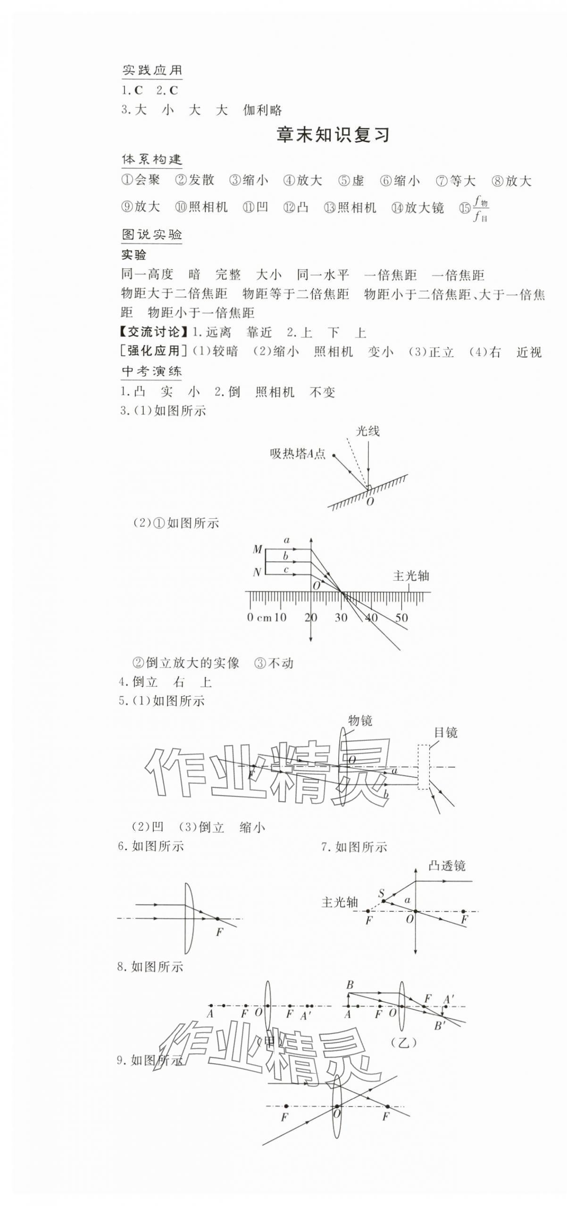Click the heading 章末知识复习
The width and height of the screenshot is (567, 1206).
tap(333, 135)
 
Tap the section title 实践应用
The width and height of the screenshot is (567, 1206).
tap(152, 71)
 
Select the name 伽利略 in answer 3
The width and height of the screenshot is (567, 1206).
tap(262, 110)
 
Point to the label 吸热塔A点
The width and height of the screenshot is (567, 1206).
tap(298, 454)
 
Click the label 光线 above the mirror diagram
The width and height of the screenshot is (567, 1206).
tap(367, 431)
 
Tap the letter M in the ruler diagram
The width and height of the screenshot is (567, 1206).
tap(257, 549)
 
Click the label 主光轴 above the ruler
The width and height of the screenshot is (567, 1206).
tap(411, 575)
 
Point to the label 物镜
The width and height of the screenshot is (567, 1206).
tap(360, 720)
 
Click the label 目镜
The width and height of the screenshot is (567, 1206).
tap(445, 732)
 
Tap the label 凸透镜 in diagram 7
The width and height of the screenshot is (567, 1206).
tap(446, 865)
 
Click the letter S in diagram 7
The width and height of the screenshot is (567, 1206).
tap(381, 893)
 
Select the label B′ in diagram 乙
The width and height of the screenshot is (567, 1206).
tap(439, 1026)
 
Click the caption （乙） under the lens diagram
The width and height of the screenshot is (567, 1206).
tap(404, 1042)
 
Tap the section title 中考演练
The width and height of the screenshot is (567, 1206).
tap(151, 371)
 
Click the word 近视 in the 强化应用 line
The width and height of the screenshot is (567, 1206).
tap(529, 352)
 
